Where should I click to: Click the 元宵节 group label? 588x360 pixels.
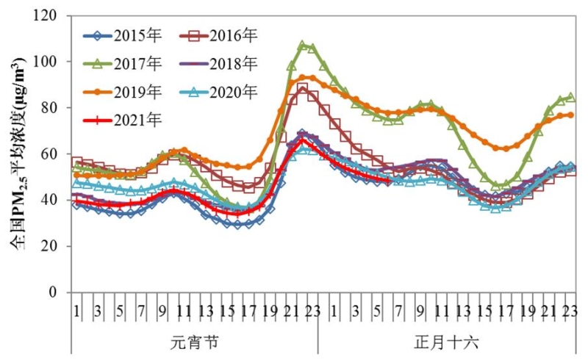(x=194, y=342)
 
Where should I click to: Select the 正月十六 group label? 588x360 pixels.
(x=446, y=342)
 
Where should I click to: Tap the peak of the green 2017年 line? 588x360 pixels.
(x=302, y=46)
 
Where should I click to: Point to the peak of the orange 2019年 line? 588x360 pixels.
(x=307, y=77)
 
